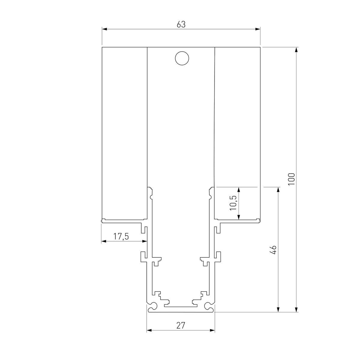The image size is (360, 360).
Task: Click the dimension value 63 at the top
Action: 181,25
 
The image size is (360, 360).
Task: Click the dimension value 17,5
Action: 121,236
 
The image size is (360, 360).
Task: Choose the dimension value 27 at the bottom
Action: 181,325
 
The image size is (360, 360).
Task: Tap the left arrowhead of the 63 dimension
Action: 104,29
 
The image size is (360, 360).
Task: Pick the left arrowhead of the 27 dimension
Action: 149,330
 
